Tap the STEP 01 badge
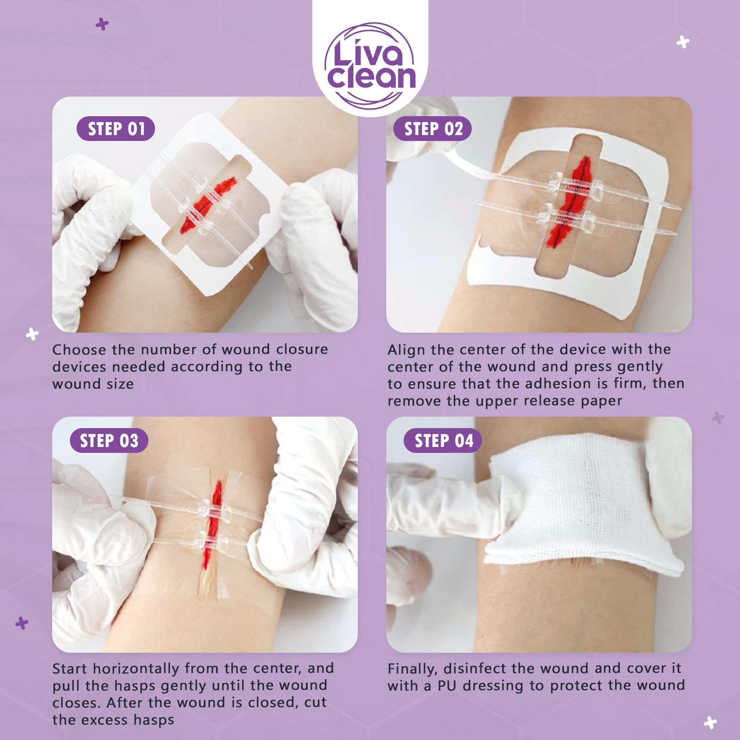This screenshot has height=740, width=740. [116, 129]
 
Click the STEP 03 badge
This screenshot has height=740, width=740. [109, 441]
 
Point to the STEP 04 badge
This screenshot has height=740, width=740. [444, 441]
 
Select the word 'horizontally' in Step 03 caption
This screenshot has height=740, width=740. [137, 668]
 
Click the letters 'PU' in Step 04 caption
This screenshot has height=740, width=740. [447, 685]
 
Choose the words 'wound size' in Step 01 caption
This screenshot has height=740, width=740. [93, 384]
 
